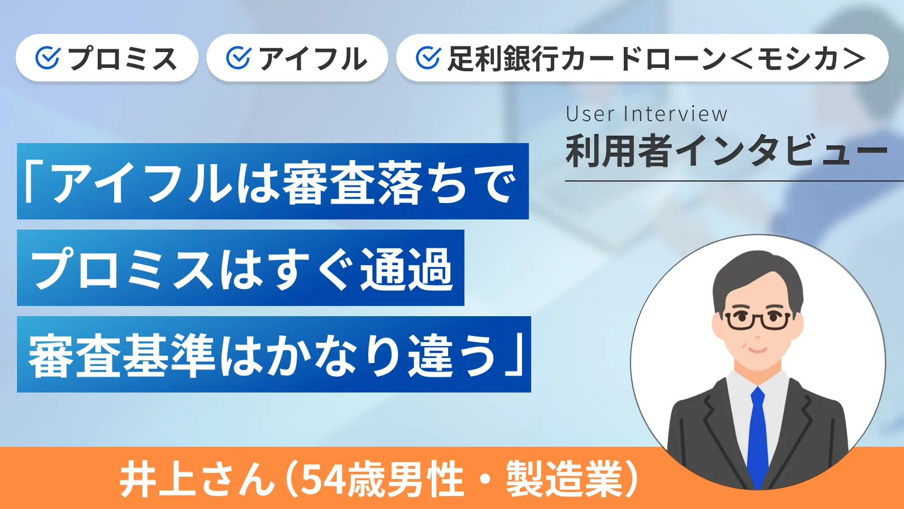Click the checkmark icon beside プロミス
pos(47,58)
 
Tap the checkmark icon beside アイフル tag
pos(238,58)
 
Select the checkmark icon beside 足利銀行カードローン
pos(428,58)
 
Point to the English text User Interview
pos(646,114)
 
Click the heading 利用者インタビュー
pos(726,152)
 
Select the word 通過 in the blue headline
pos(407,269)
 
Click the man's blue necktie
pos(757,435)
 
